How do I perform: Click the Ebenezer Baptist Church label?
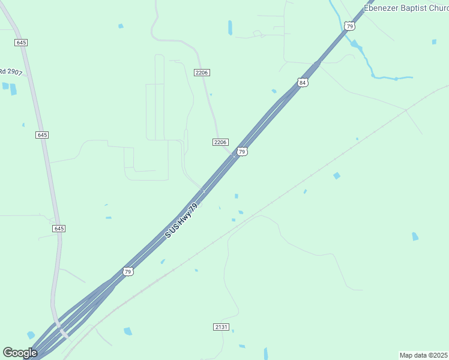406,8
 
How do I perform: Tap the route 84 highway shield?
303,82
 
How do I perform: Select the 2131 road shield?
221,327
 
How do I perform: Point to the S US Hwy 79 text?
181,220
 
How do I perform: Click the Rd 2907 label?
11,72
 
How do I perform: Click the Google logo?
20,353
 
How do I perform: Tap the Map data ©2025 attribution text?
423,355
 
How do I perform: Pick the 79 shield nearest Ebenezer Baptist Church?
349,26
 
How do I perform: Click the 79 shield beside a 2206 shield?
241,152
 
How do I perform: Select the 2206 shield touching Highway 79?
220,142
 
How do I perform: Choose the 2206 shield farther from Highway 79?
202,72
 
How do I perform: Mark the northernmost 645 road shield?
21,43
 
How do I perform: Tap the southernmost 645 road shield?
59,229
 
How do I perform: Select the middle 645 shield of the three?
41,135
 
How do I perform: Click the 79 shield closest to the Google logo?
128,272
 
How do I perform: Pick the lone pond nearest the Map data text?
415,236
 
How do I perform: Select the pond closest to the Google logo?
31,335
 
